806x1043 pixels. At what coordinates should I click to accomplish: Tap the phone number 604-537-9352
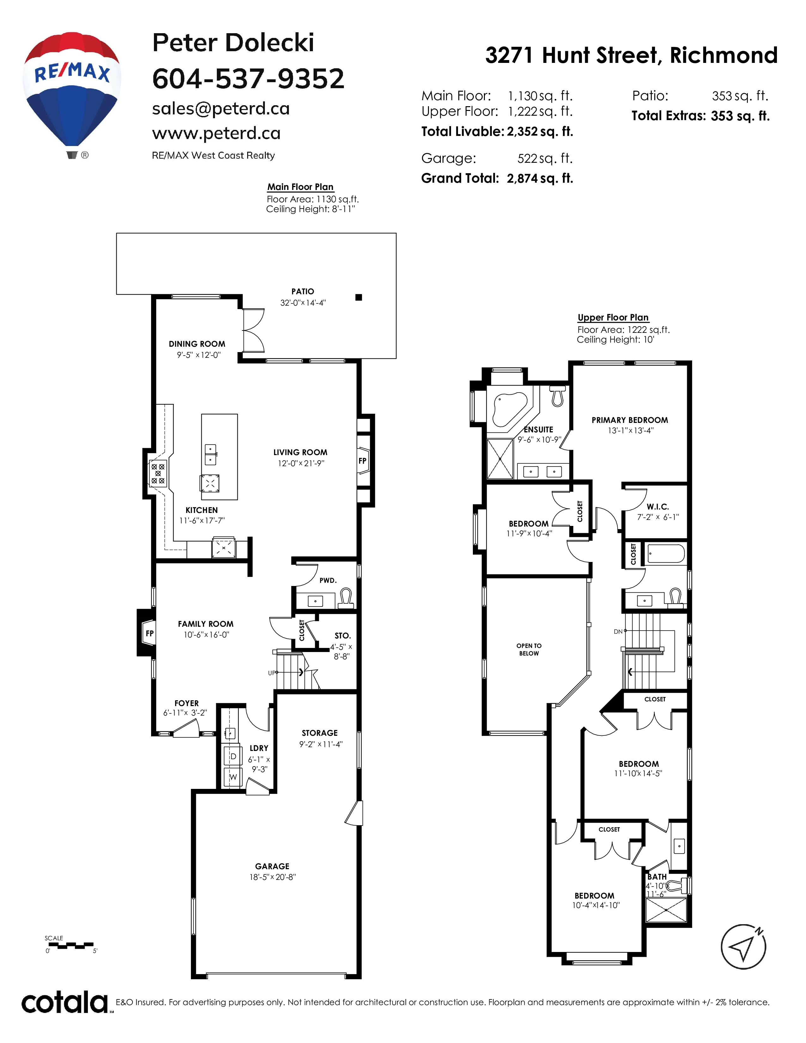248,79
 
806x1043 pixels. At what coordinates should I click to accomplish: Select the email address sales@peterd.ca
221,109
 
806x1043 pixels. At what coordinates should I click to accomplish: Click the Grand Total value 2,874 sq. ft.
540,178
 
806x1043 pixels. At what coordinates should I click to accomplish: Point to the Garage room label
272,866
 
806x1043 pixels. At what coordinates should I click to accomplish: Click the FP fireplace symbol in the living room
363,461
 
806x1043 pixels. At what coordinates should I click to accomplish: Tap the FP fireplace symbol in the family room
150,633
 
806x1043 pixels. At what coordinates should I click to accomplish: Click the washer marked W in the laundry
233,777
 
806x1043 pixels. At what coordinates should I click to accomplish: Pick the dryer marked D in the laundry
233,756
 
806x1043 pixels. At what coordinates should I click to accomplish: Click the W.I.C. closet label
657,507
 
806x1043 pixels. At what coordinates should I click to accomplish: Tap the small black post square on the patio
359,297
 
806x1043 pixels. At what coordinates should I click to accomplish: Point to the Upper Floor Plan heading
613,318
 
